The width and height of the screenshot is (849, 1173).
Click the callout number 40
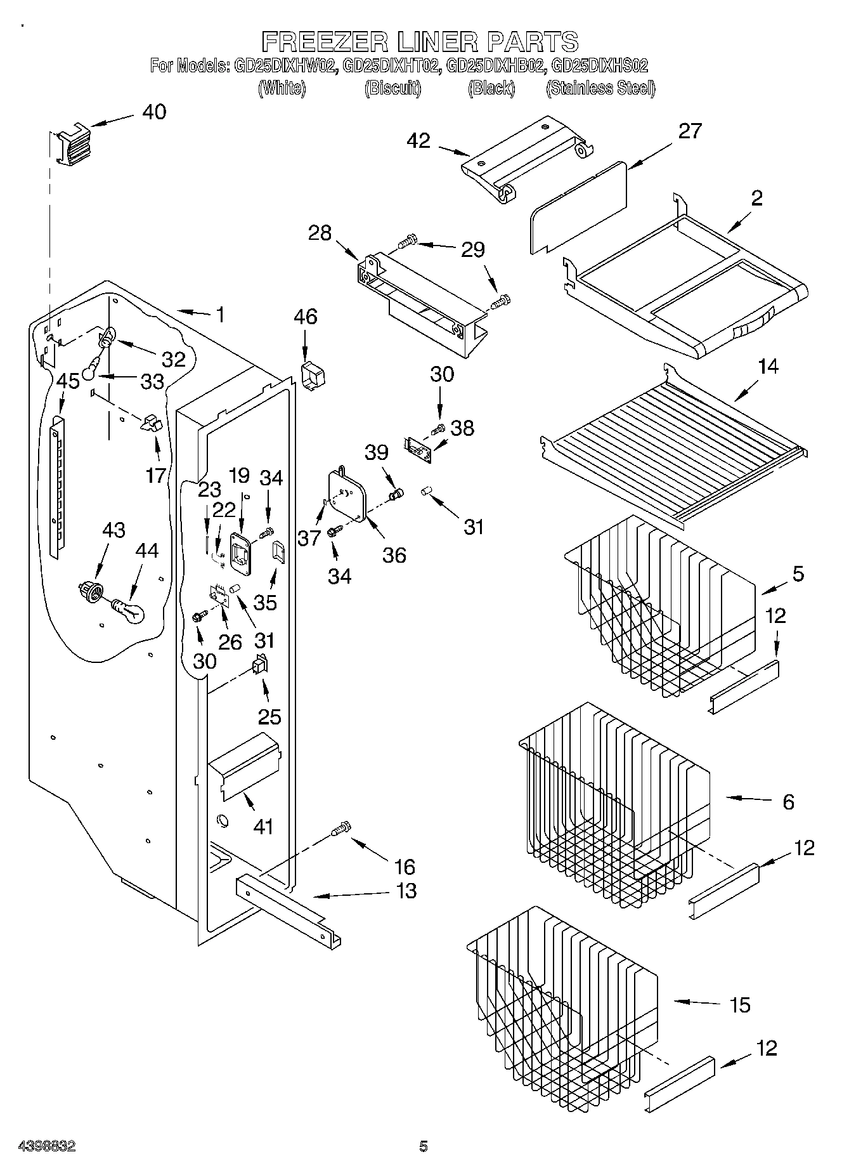tap(153, 112)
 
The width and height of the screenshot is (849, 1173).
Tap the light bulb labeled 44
tap(129, 612)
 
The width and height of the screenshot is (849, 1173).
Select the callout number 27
tap(690, 131)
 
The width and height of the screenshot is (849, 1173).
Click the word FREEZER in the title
tap(325, 42)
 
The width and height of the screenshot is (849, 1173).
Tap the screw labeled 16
tap(341, 829)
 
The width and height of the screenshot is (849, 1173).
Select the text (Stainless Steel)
tap(600, 88)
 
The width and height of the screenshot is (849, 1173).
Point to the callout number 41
tap(262, 826)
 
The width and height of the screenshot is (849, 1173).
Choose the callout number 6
tap(787, 802)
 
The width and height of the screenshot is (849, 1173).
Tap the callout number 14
tap(768, 367)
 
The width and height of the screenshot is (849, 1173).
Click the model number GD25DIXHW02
tap(285, 65)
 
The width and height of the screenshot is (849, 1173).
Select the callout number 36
tap(394, 555)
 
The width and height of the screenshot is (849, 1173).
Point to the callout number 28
tap(320, 233)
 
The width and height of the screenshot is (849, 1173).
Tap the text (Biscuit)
tap(392, 88)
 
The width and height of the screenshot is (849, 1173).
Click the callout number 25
tap(269, 716)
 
